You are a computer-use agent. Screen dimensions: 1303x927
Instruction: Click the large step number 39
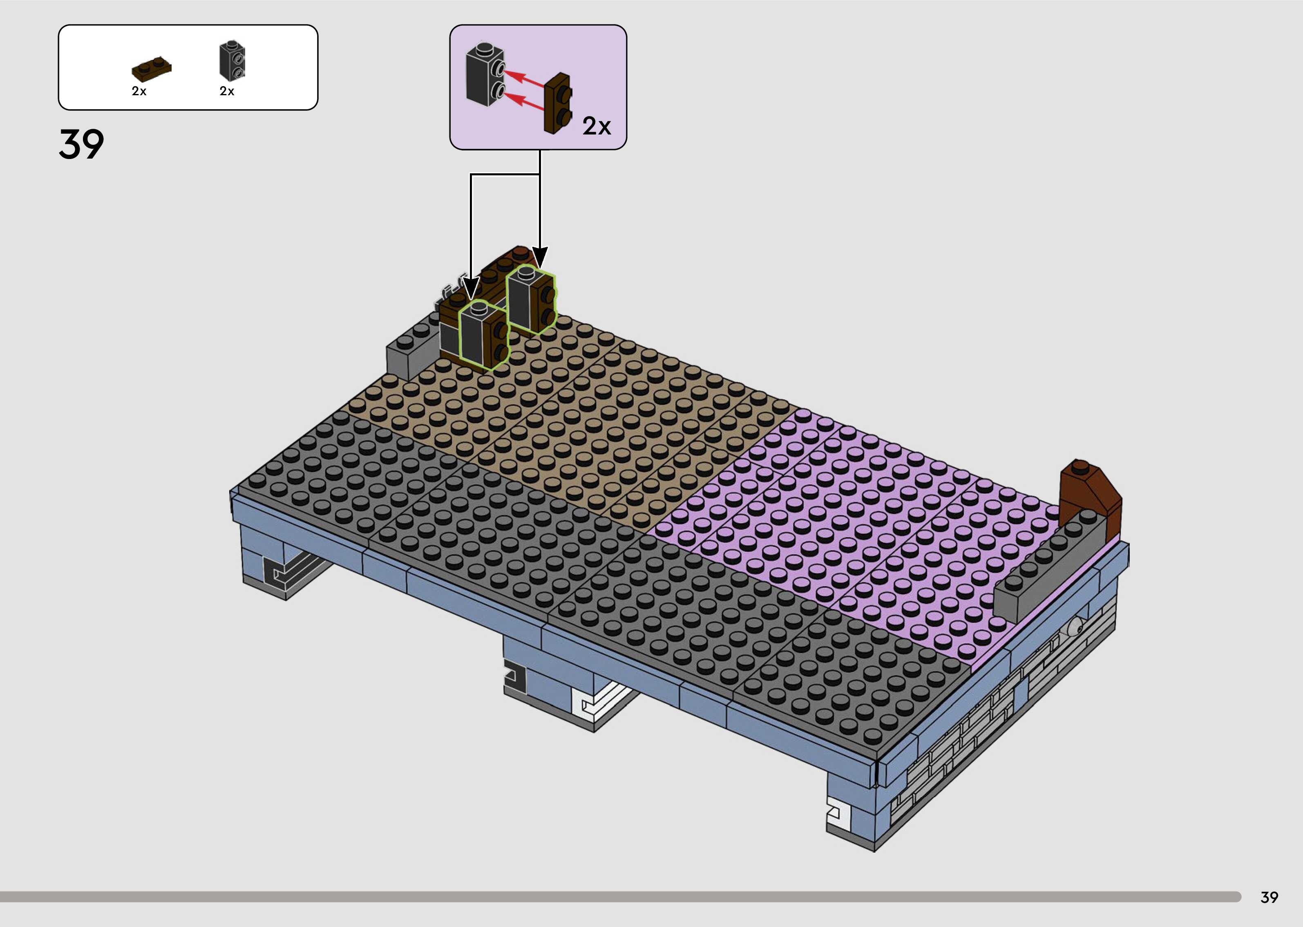point(82,144)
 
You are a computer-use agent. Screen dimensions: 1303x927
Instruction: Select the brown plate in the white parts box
point(151,69)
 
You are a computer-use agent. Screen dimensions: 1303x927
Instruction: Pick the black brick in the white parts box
point(232,60)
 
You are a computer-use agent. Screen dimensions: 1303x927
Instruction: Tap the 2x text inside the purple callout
point(597,126)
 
